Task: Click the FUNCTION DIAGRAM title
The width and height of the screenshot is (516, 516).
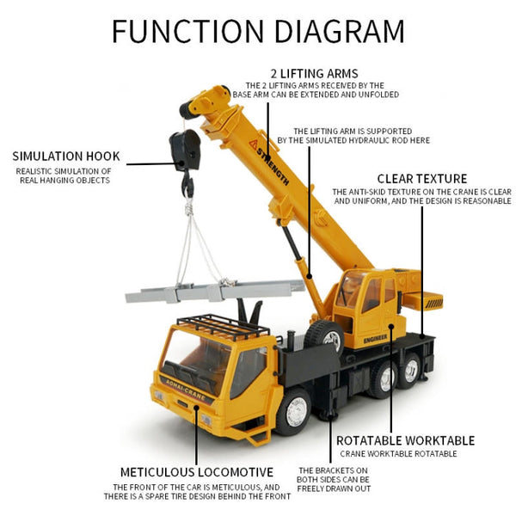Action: [258, 31]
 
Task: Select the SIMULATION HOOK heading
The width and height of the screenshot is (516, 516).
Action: [66, 157]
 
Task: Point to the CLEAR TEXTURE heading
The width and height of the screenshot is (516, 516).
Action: [421, 179]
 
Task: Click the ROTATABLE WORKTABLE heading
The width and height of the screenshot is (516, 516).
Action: [405, 439]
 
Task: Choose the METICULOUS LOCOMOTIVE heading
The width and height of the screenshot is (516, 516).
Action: [197, 472]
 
